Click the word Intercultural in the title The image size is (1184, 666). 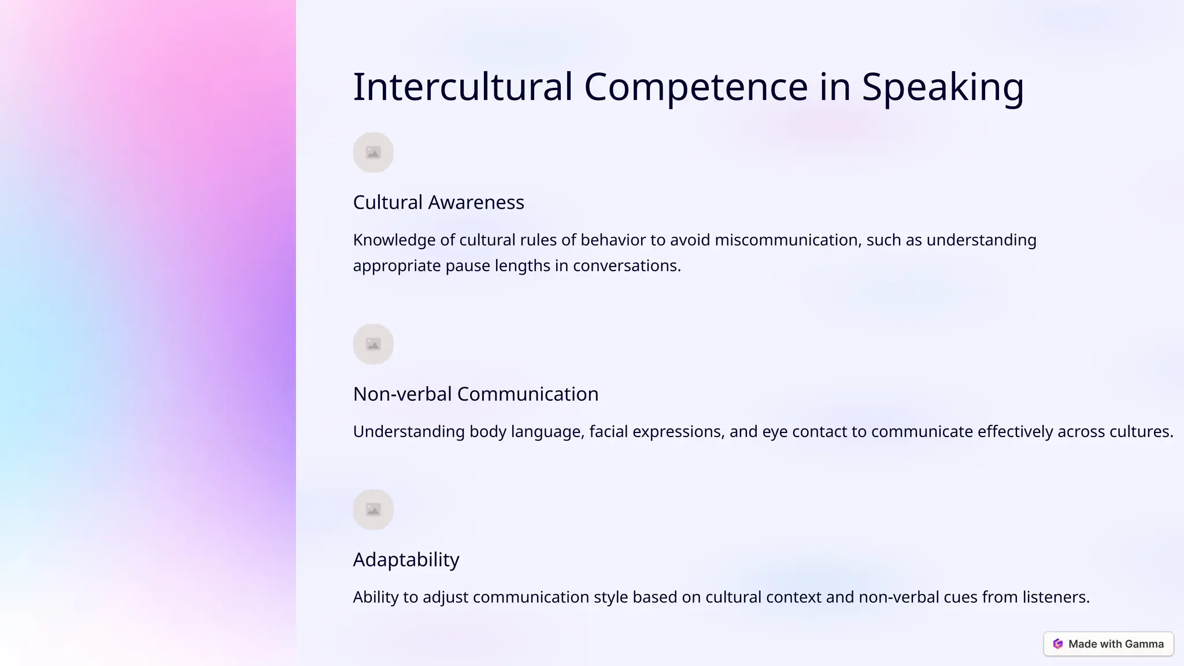pos(462,87)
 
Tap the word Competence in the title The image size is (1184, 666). pos(695,87)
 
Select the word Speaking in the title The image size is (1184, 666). pos(942,87)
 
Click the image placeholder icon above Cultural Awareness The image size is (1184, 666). pos(373,153)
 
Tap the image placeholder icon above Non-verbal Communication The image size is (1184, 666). pos(373,345)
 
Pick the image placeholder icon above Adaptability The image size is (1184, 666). pos(373,510)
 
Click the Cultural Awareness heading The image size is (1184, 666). pos(438,202)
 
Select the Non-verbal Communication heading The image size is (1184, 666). pos(475,394)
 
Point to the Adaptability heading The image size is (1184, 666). pos(406,560)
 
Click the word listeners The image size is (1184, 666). pos(1056,597)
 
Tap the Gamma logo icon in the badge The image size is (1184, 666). pos(1058,644)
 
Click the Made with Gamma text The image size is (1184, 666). pos(1116,644)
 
